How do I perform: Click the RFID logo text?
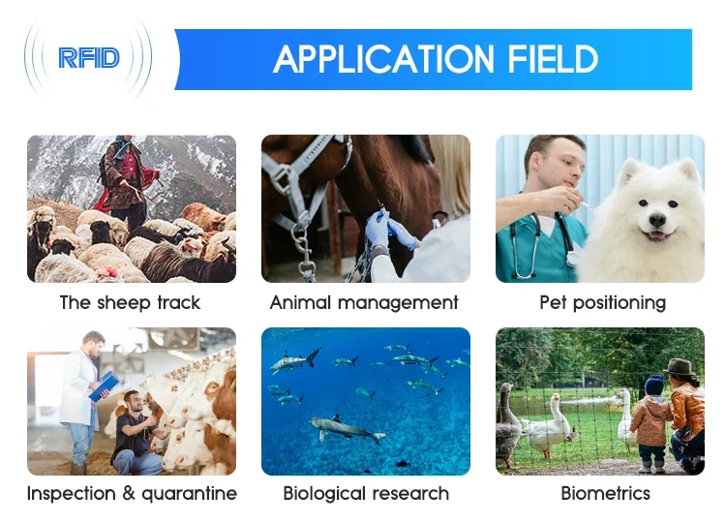88,58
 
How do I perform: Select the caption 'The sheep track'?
131,302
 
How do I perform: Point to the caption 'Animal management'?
364,302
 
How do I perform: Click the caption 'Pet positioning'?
602,302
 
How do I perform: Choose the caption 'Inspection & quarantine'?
132,493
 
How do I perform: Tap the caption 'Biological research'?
366,493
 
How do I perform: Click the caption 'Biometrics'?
601,493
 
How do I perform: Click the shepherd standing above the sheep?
125,178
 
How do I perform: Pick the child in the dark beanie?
651,416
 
